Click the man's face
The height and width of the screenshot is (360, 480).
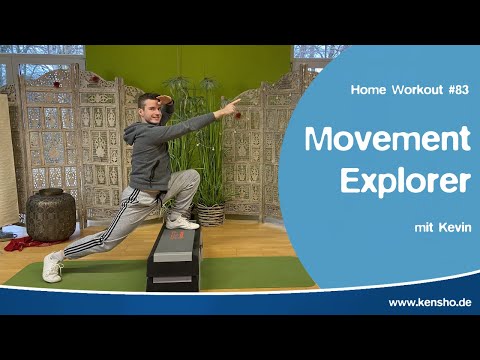click(150, 109)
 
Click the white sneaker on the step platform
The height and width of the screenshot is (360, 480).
click(181, 221)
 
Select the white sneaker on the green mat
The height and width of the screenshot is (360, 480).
click(53, 267)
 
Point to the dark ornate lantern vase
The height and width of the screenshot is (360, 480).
click(51, 214)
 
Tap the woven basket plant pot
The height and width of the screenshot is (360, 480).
click(210, 214)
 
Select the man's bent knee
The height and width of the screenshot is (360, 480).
click(190, 180)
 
